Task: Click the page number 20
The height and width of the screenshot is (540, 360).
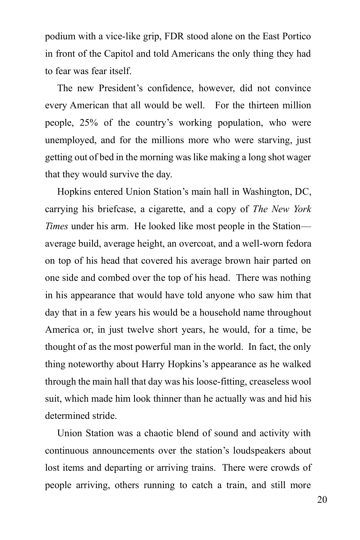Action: [x=322, y=500]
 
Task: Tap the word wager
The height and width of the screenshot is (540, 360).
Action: [x=298, y=157]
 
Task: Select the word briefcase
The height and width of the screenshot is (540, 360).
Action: [x=115, y=209]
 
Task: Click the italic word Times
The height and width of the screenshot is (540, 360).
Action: [x=56, y=226]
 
